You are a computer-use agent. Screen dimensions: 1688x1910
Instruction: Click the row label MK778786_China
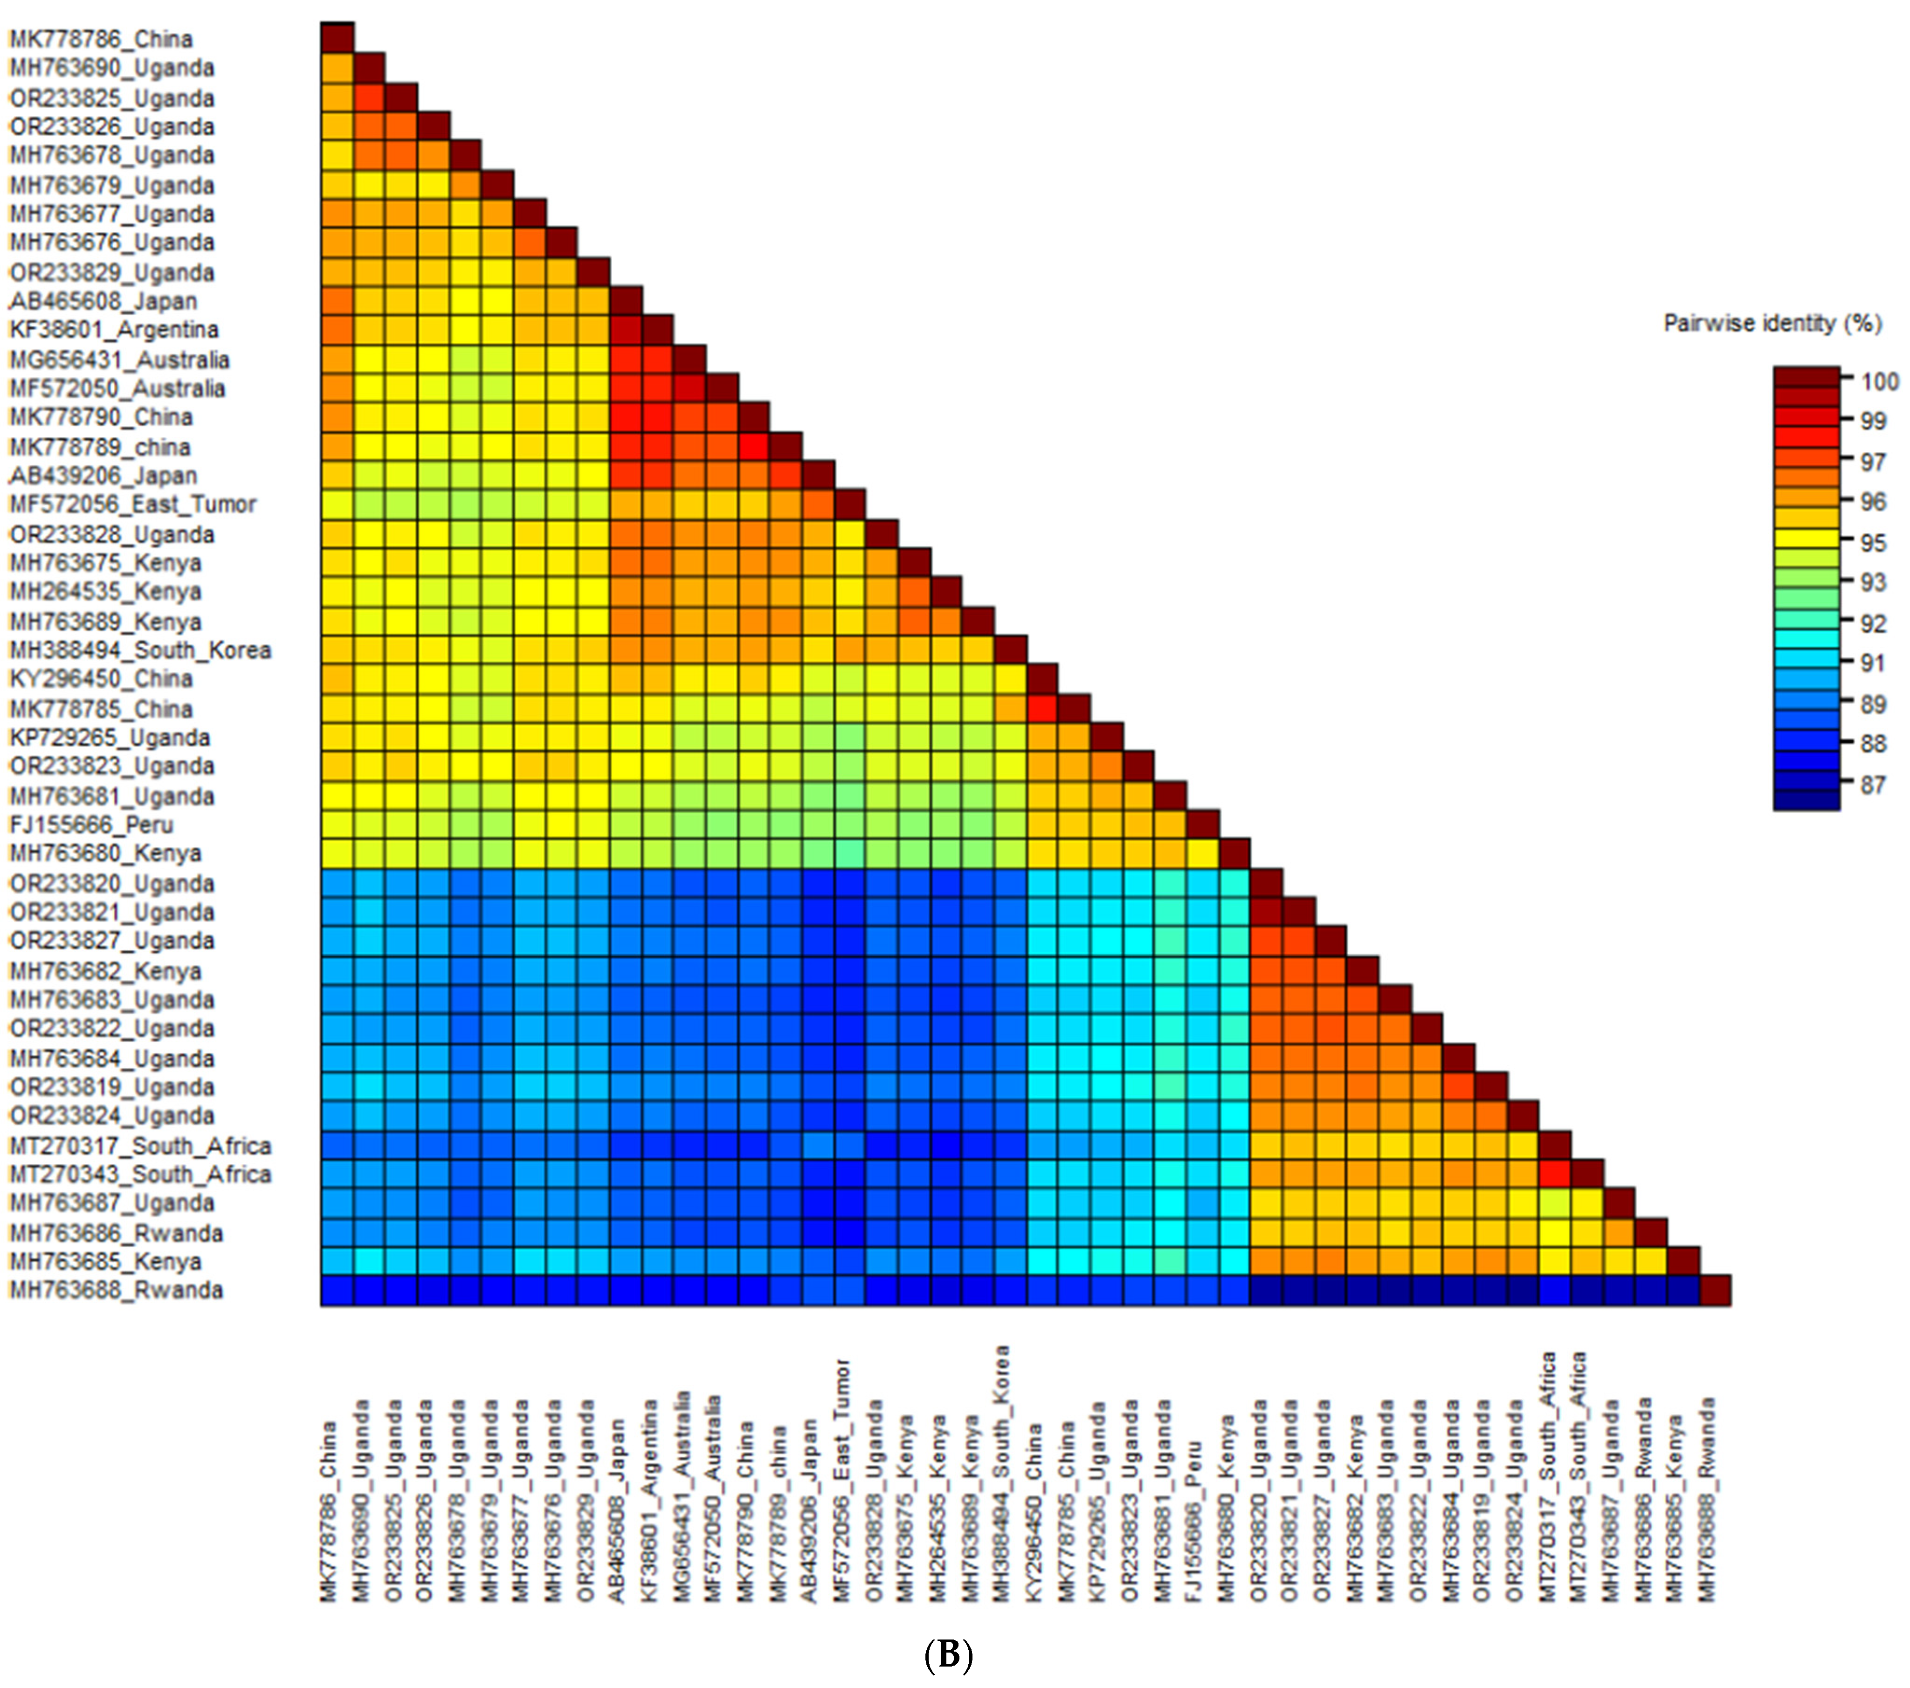[x=101, y=39]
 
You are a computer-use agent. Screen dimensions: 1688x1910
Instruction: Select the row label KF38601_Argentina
[x=114, y=330]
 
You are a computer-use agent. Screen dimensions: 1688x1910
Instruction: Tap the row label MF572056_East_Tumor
[x=133, y=505]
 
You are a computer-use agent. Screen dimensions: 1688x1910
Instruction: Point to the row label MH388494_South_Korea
[x=140, y=650]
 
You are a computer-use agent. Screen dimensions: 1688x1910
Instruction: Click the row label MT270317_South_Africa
[x=140, y=1146]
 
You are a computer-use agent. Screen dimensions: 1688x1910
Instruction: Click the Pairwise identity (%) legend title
[x=1772, y=324]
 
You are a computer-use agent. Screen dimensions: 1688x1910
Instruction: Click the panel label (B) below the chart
[x=947, y=1655]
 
